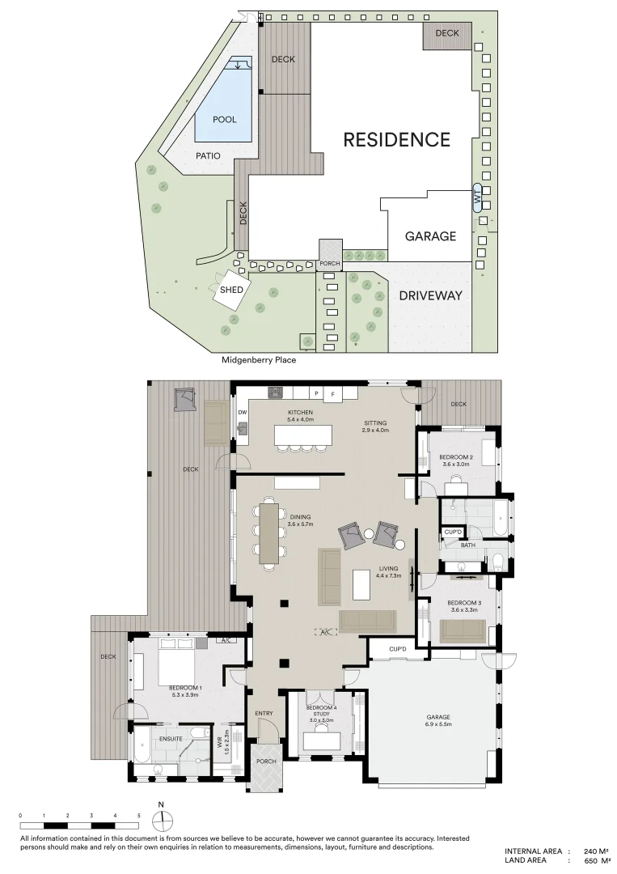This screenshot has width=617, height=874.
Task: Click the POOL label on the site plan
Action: [x=224, y=120]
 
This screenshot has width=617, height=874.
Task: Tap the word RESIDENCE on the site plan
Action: [x=396, y=139]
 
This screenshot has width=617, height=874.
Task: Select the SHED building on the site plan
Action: [x=232, y=290]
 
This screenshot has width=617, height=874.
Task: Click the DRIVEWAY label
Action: [x=430, y=295]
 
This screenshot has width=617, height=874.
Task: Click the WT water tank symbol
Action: [x=477, y=197]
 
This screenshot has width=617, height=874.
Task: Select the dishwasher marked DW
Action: [x=242, y=413]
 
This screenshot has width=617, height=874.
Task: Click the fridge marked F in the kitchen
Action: [x=332, y=394]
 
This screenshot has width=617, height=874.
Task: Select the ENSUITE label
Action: [x=170, y=739]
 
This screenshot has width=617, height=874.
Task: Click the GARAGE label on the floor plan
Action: [x=438, y=719]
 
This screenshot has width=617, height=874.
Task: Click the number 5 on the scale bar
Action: [x=139, y=816]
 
